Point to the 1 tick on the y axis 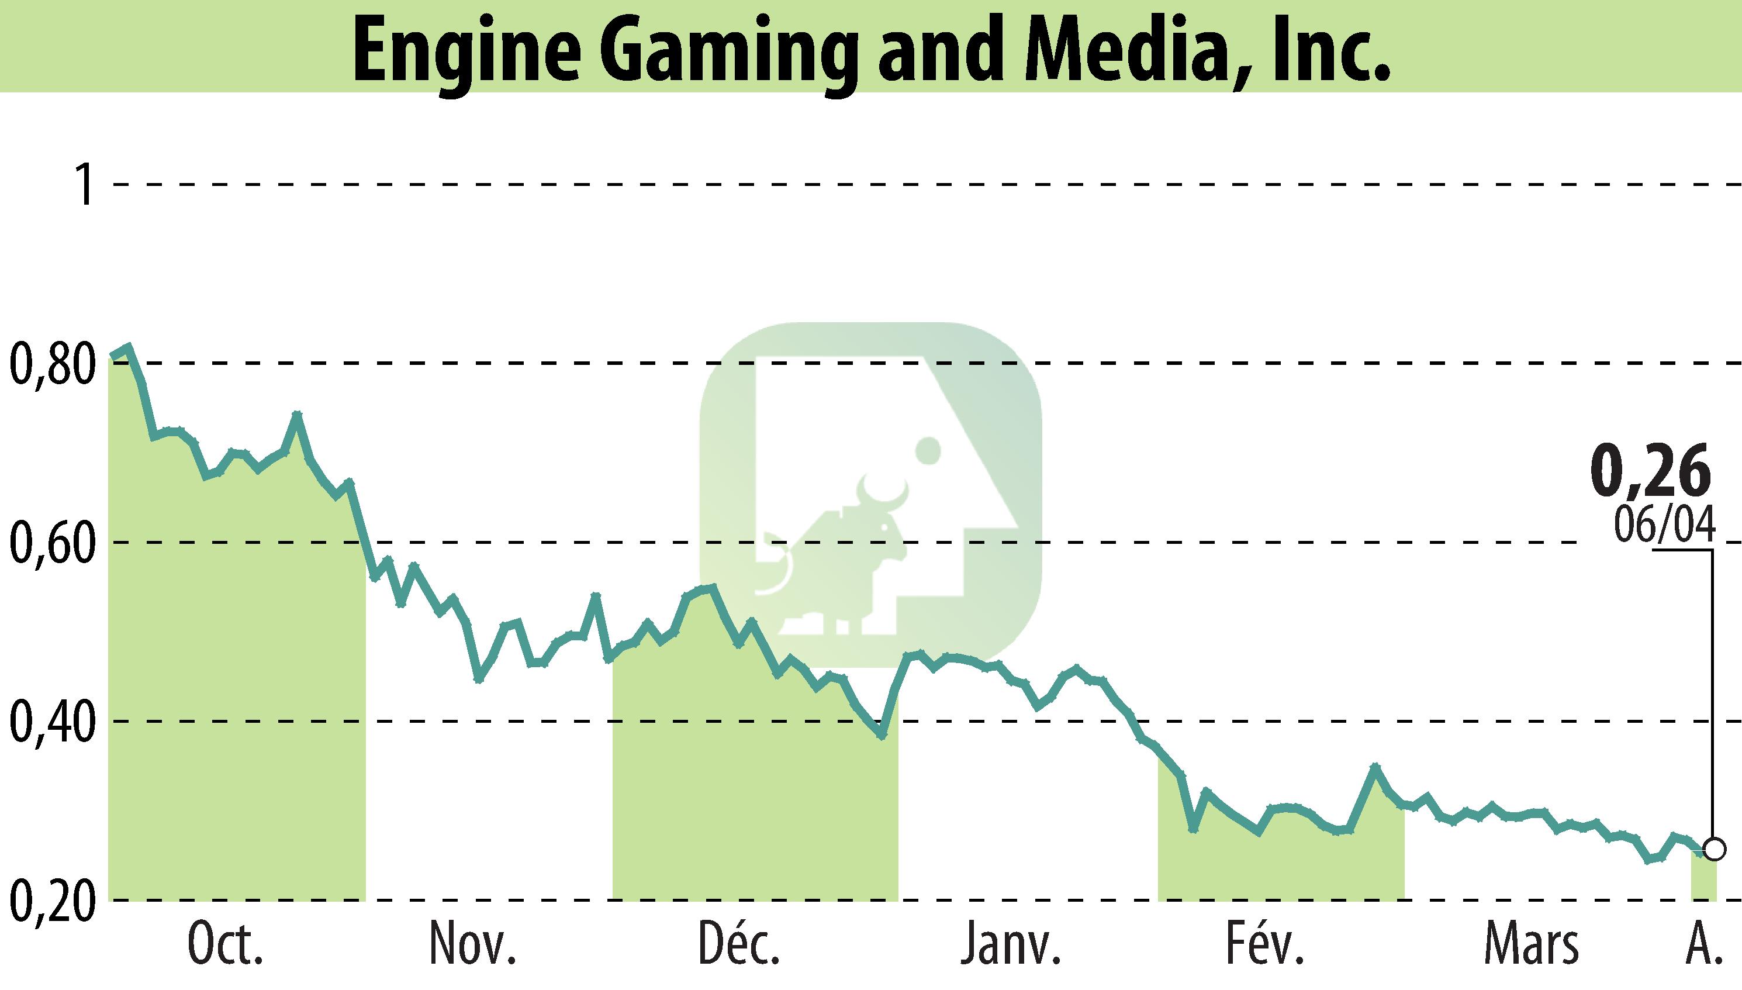pyautogui.click(x=85, y=184)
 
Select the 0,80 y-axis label pyautogui.click(x=51, y=364)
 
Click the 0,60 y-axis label pyautogui.click(x=51, y=543)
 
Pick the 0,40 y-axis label pyautogui.click(x=51, y=722)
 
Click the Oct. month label pyautogui.click(x=225, y=945)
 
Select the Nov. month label pyautogui.click(x=472, y=945)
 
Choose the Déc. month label pyautogui.click(x=739, y=945)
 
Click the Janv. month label pyautogui.click(x=1011, y=945)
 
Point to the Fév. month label pyautogui.click(x=1266, y=945)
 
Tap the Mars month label pyautogui.click(x=1530, y=945)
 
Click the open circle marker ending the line pyautogui.click(x=1714, y=850)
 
